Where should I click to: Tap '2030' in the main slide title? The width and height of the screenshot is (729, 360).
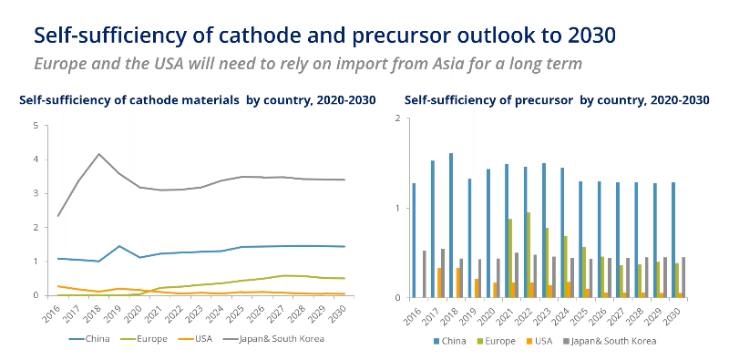(x=586, y=35)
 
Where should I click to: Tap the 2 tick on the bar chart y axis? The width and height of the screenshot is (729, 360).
(x=397, y=118)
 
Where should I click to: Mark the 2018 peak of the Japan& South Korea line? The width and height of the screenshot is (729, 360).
(x=98, y=154)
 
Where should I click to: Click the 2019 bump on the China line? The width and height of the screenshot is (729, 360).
(x=118, y=246)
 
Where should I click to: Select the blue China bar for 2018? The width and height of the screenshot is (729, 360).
(x=451, y=225)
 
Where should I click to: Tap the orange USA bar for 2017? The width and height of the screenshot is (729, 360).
(x=438, y=282)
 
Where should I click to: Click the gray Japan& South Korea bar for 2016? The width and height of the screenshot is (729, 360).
(x=425, y=273)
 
